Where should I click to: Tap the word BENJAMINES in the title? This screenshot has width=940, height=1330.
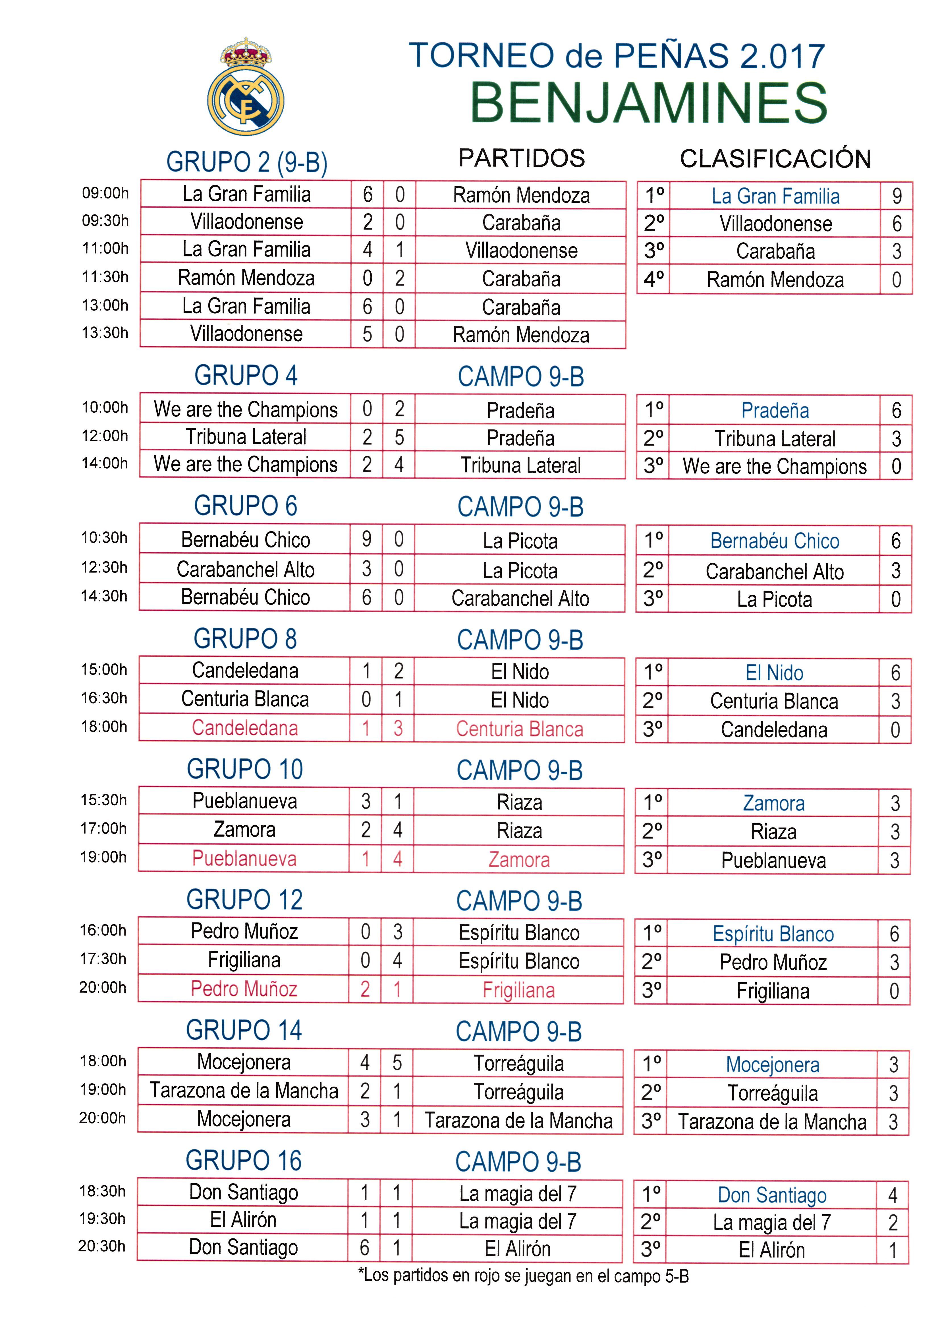pyautogui.click(x=649, y=103)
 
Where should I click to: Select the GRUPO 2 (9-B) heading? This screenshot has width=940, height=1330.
pyautogui.click(x=247, y=162)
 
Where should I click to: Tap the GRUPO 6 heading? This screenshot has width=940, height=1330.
pyautogui.click(x=246, y=506)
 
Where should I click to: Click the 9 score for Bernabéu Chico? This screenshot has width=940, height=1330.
pyautogui.click(x=367, y=539)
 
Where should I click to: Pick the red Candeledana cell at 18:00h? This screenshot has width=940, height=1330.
pyautogui.click(x=245, y=728)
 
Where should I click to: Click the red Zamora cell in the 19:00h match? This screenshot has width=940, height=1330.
pyautogui.click(x=519, y=860)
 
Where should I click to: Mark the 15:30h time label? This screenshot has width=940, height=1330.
pyautogui.click(x=104, y=800)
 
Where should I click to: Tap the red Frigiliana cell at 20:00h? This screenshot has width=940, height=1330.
pyautogui.click(x=518, y=990)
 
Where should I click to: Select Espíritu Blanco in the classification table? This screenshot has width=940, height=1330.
pyautogui.click(x=773, y=934)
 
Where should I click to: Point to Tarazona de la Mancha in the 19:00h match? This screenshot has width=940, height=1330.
pyautogui.click(x=244, y=1091)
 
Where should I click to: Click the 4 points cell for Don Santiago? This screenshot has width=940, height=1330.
pyautogui.click(x=893, y=1195)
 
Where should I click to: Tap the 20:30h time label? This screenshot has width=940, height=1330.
pyautogui.click(x=102, y=1246)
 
